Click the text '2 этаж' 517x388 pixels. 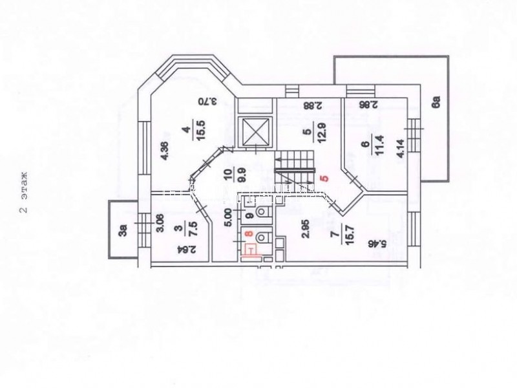[x=23, y=193]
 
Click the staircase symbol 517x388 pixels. [x=294, y=166]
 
